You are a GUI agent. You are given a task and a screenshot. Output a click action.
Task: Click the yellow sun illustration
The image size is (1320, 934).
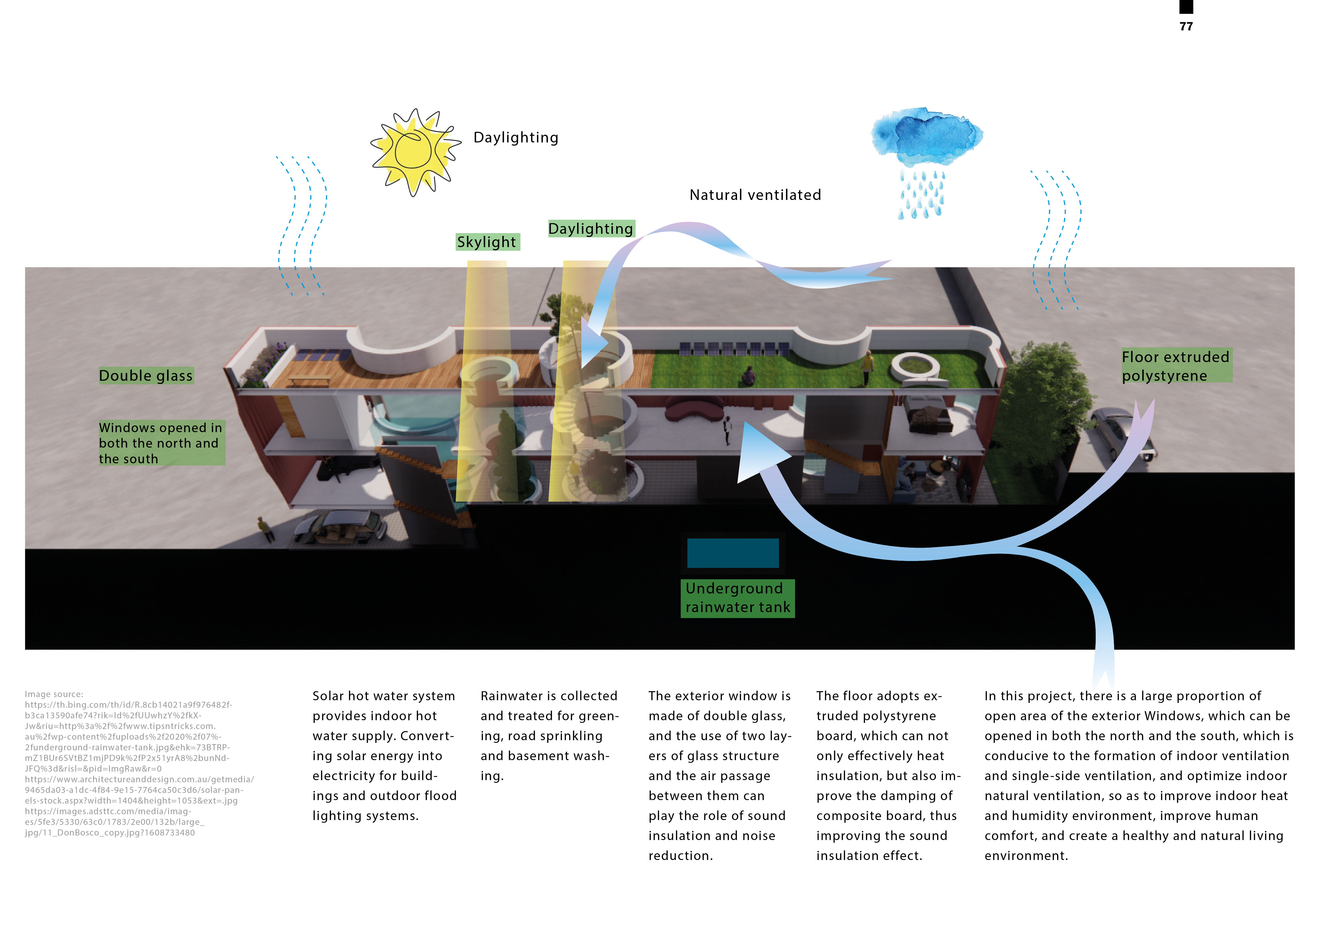pyautogui.click(x=414, y=151)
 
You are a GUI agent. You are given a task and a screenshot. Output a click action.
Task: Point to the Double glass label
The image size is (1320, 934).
pyautogui.click(x=146, y=376)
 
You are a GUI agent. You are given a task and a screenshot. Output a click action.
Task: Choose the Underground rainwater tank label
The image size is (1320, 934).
pyautogui.click(x=738, y=598)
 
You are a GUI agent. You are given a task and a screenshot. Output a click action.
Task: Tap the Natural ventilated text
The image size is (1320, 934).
pyautogui.click(x=755, y=195)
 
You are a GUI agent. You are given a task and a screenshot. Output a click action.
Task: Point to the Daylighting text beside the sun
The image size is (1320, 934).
pyautogui.click(x=516, y=137)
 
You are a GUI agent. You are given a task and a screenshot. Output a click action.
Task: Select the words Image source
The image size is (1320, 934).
pyautogui.click(x=54, y=694)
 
